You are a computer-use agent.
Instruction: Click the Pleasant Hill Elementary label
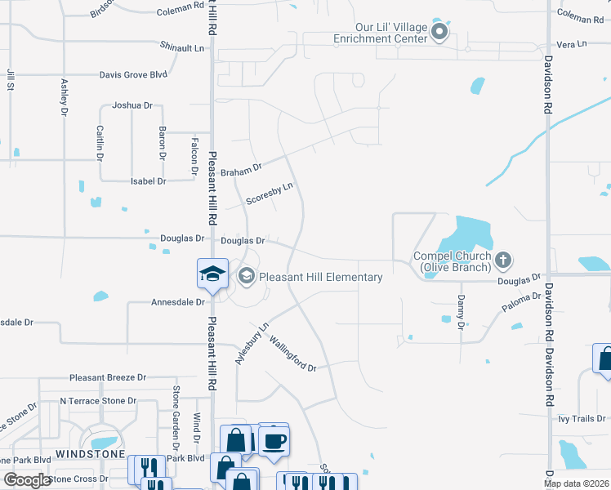click(321, 278)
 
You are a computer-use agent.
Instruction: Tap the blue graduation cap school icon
click(212, 274)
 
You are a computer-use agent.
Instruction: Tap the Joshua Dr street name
click(132, 105)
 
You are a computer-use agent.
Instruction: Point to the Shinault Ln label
click(182, 48)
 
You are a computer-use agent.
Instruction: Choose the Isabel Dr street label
click(149, 180)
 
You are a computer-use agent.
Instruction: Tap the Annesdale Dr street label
click(177, 302)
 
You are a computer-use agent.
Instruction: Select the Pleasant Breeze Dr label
click(108, 377)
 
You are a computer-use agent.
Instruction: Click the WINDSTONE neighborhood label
click(90, 453)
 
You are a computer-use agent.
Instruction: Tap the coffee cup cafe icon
click(274, 442)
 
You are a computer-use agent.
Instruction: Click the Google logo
click(28, 480)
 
